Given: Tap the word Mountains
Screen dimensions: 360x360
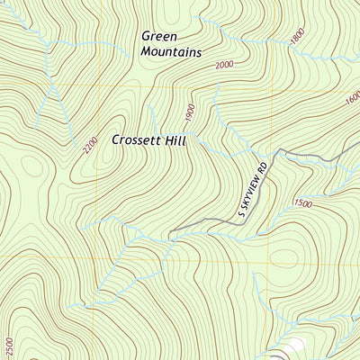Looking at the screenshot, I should coord(171,52).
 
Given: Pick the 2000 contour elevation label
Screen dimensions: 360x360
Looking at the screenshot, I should coord(223,64).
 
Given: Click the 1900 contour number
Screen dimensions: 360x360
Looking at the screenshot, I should coord(189,113).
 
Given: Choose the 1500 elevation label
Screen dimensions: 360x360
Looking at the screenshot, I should coord(302,204).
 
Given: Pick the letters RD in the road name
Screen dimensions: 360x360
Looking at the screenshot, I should coord(263,168).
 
